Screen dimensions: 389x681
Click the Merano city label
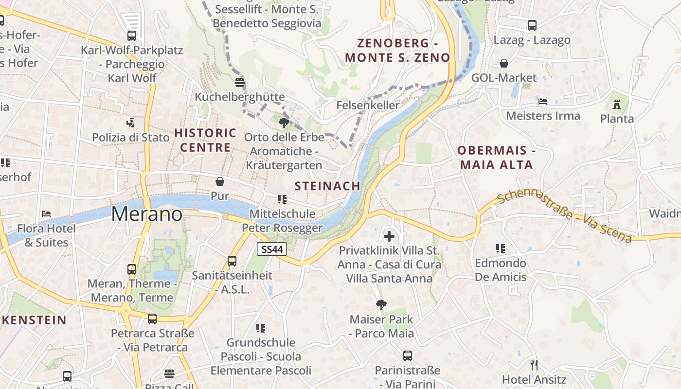pyautogui.click(x=147, y=214)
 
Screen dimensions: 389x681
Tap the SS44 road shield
pyautogui.click(x=272, y=249)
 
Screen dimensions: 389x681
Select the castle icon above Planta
pyautogui.click(x=617, y=104)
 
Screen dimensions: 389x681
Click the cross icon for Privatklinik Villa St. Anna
pyautogui.click(x=389, y=237)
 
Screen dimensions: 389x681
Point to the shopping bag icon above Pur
pyautogui.click(x=220, y=182)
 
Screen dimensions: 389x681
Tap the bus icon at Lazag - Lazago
pyautogui.click(x=532, y=25)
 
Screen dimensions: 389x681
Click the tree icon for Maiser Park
pyautogui.click(x=381, y=305)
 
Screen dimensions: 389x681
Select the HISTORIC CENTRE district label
pyautogui.click(x=205, y=140)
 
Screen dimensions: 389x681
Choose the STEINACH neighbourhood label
pyautogui.click(x=327, y=186)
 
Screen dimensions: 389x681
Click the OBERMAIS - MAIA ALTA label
pyautogui.click(x=497, y=158)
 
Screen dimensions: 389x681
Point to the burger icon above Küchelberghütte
pyautogui.click(x=239, y=82)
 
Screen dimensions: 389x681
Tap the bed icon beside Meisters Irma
pyautogui.click(x=543, y=102)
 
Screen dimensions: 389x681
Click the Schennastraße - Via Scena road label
pyautogui.click(x=564, y=216)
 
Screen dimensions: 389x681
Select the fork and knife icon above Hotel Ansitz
pyautogui.click(x=534, y=365)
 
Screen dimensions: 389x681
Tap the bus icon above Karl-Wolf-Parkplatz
pyautogui.click(x=132, y=35)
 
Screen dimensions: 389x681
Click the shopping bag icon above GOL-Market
pyautogui.click(x=504, y=63)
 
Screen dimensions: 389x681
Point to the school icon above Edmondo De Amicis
pyautogui.click(x=501, y=248)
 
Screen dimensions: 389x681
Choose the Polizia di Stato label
pyautogui.click(x=131, y=137)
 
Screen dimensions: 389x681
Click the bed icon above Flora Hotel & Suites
pyautogui.click(x=46, y=213)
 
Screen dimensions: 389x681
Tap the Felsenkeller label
pyautogui.click(x=368, y=105)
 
